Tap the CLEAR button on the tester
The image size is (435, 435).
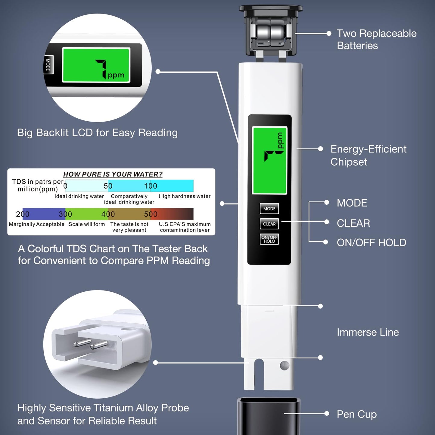point(269,224)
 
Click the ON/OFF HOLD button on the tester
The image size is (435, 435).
point(269,239)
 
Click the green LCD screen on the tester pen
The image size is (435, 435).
point(269,160)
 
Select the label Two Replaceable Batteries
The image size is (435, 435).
point(376,39)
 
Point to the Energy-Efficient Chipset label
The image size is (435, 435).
point(368,155)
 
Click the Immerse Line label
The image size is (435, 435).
point(368,332)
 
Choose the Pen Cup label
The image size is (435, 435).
point(356,414)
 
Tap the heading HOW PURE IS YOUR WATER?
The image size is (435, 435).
point(113,174)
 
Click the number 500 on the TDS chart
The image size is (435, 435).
point(151,214)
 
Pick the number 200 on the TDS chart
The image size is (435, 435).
point(23,214)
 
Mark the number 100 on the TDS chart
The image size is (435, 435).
point(151,186)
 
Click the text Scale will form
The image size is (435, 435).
point(87,224)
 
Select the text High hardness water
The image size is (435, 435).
point(185,196)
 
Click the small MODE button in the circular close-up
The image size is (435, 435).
point(48,65)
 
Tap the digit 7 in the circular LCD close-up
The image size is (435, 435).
point(102,68)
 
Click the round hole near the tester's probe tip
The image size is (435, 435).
point(284,365)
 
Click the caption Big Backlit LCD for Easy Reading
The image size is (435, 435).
point(97,133)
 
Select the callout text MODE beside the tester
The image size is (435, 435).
point(352,203)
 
